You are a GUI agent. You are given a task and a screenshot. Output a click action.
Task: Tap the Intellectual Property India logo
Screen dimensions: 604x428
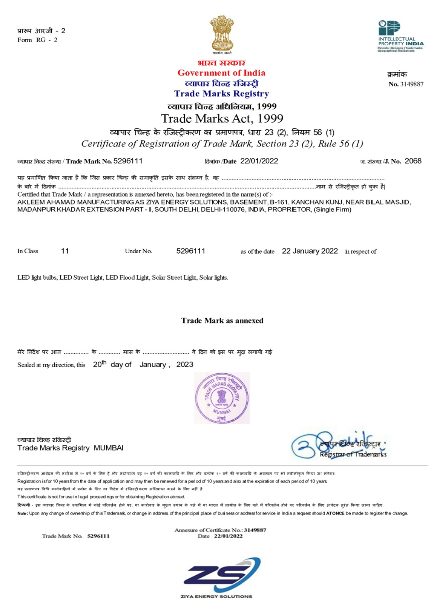400,36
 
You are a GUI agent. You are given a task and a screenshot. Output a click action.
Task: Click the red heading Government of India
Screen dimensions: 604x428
221,73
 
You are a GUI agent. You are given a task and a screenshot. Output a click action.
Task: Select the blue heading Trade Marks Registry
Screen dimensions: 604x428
221,94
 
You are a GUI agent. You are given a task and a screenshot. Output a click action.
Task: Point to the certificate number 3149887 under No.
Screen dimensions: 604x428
411,84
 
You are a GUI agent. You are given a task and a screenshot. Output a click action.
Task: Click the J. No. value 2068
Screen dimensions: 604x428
413,161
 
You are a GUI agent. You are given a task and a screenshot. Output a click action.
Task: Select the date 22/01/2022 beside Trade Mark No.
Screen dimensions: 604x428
259,161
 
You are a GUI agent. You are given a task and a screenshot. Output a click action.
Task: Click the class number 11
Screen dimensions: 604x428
65,251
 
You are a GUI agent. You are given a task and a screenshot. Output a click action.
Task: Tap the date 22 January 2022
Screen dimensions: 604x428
310,251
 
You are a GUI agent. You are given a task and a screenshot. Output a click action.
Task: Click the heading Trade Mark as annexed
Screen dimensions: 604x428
222,320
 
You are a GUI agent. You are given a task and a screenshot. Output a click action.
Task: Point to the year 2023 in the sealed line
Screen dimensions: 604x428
184,365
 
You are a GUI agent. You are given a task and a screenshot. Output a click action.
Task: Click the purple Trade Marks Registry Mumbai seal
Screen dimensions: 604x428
222,398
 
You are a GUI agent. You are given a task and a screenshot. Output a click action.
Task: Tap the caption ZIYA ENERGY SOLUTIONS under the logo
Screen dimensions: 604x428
216,596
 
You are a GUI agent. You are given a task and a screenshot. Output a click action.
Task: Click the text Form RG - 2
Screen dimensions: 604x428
37,40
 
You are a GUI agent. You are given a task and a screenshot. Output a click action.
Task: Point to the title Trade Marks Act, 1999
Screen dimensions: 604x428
222,119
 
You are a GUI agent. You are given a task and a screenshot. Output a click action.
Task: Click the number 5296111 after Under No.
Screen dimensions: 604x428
190,251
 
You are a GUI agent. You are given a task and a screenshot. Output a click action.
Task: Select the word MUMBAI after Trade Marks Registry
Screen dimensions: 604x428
108,448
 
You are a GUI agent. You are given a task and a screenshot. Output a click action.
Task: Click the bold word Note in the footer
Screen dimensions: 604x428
22,513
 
